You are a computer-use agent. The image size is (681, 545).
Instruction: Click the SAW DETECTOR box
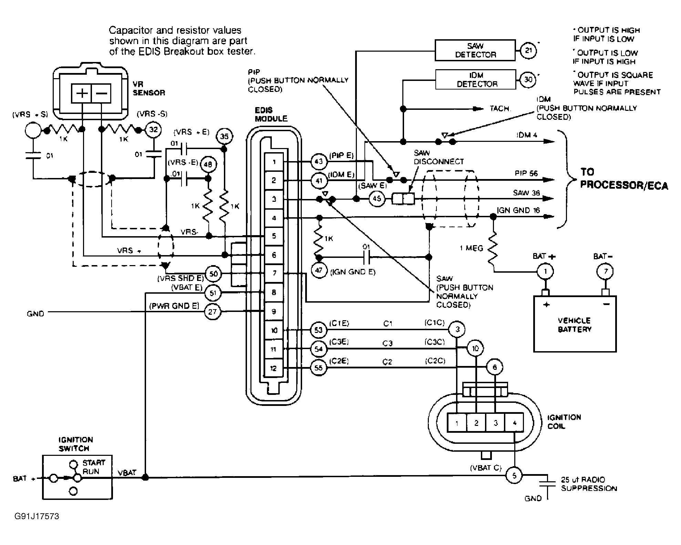click(475, 50)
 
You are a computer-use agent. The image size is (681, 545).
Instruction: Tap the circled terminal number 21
click(528, 51)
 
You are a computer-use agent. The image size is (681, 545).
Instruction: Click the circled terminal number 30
click(528, 80)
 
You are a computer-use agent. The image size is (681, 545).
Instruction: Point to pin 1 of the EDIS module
click(274, 161)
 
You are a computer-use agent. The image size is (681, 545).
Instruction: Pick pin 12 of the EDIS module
click(274, 368)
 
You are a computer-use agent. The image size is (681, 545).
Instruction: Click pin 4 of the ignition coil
click(514, 423)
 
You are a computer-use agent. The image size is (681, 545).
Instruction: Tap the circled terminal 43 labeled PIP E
click(319, 161)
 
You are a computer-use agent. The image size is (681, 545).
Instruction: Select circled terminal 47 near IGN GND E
click(319, 270)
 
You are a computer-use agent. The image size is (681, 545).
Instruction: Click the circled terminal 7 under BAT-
click(606, 271)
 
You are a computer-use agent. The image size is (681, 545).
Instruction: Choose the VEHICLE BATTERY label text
click(574, 325)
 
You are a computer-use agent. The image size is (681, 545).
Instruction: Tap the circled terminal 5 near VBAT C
click(514, 476)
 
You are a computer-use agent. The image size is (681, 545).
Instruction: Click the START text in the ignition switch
click(94, 463)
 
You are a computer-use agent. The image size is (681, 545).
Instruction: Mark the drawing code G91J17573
click(37, 516)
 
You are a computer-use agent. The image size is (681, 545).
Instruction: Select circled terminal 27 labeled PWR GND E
click(213, 312)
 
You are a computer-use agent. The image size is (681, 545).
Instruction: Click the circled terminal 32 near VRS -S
click(153, 130)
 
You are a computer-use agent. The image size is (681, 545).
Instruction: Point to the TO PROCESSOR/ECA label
click(623, 179)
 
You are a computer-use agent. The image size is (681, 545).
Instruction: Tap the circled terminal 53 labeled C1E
click(319, 330)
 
